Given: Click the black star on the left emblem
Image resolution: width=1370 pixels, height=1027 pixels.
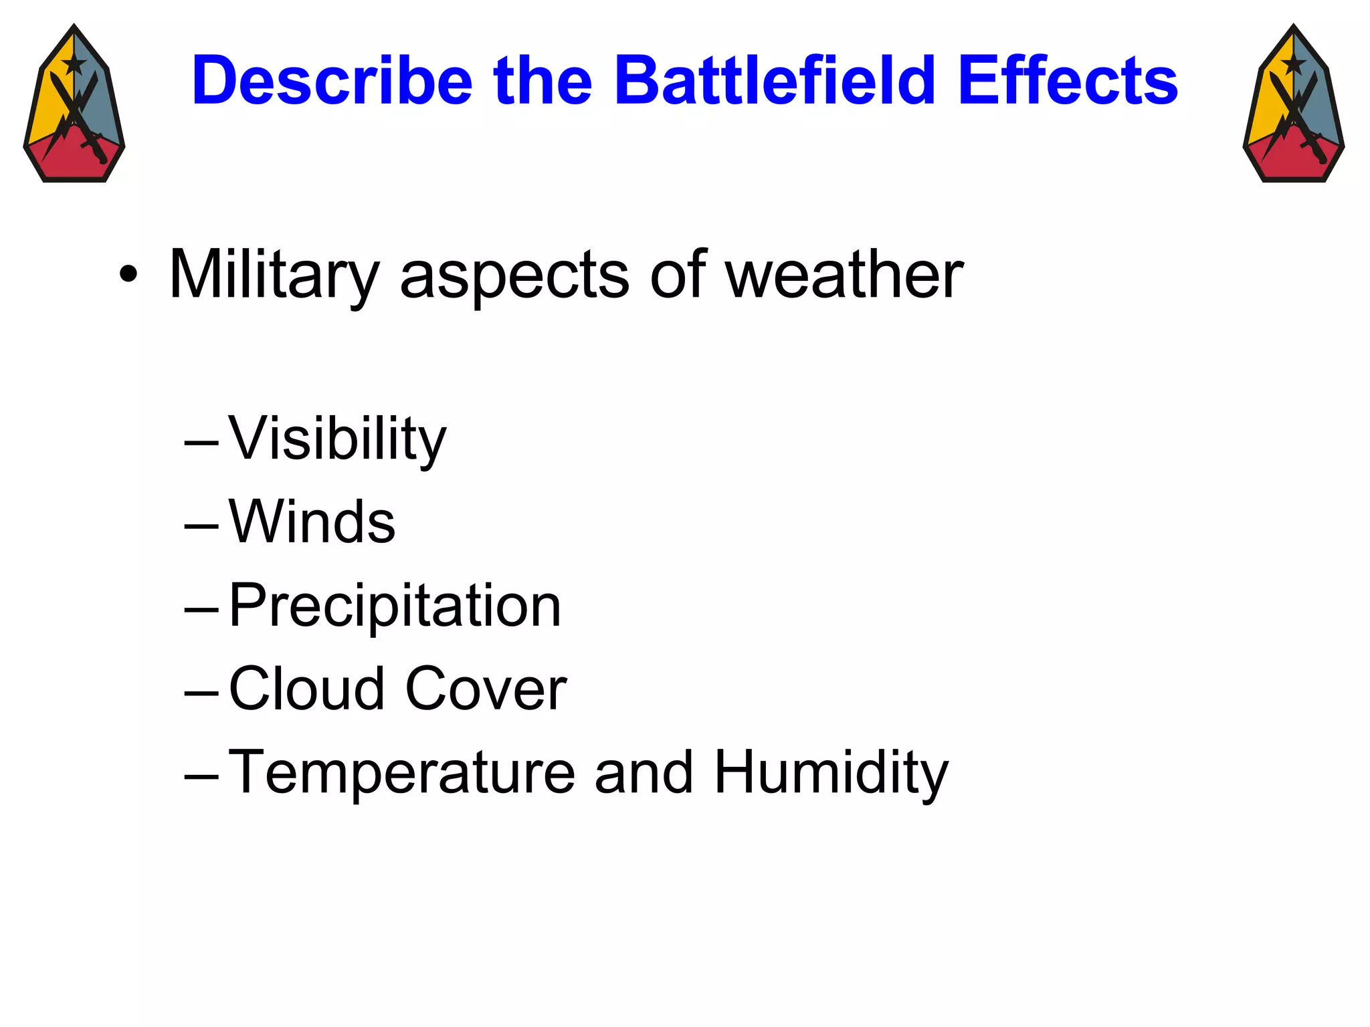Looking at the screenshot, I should click(x=74, y=64).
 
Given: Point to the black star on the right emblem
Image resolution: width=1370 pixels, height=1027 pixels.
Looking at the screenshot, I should click(x=1293, y=64).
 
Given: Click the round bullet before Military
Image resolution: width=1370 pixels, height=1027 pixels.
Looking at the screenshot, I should click(x=128, y=274).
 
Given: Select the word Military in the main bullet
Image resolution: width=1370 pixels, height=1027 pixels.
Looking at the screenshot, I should click(x=274, y=274).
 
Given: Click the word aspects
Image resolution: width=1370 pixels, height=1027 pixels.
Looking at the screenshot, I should click(x=514, y=274).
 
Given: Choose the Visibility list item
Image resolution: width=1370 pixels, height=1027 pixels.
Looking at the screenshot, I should click(x=337, y=439).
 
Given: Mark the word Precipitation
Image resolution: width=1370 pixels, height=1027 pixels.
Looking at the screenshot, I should click(x=395, y=605).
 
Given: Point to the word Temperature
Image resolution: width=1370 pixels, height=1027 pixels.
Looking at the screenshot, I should click(x=401, y=772).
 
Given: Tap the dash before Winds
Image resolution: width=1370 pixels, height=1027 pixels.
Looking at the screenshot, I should click(x=201, y=526).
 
